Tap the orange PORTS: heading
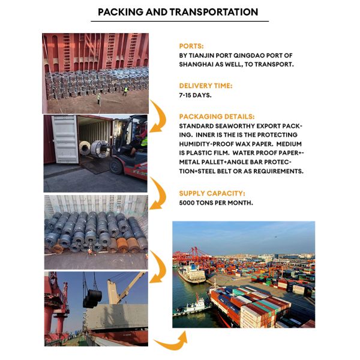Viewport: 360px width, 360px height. point(192,46)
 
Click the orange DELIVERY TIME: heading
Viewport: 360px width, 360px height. point(205,86)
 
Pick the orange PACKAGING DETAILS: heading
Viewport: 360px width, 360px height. point(217,116)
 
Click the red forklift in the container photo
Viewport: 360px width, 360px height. point(132,153)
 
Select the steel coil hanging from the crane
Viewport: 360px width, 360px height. point(92,298)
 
